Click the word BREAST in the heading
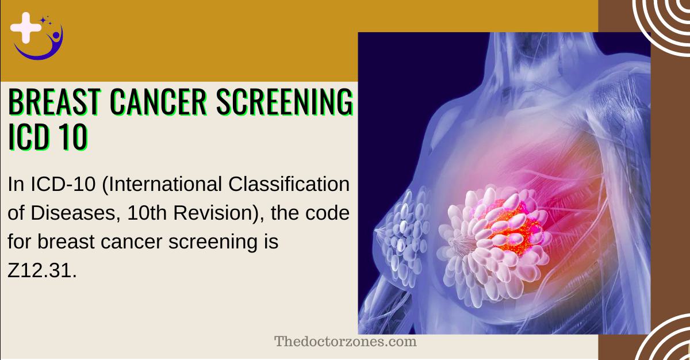(x=54, y=102)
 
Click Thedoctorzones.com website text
(x=346, y=342)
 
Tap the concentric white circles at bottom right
(x=667, y=342)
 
